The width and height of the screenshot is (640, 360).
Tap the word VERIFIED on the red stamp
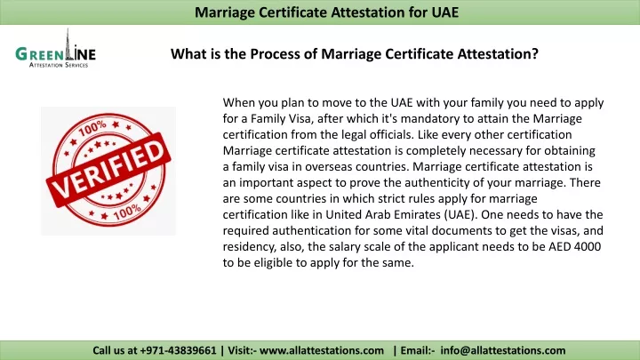tap(108, 170)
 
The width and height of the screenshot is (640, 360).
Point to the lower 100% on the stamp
tap(127, 212)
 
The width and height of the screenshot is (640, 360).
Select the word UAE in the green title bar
tap(445, 12)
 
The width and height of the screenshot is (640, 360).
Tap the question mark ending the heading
tap(535, 54)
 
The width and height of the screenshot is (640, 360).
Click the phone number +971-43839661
tap(178, 350)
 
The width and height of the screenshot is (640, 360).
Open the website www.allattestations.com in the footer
tap(322, 350)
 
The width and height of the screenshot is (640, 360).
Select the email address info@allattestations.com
tap(503, 350)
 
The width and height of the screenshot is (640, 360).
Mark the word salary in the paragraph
tap(343, 247)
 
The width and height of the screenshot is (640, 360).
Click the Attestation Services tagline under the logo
tap(59, 65)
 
